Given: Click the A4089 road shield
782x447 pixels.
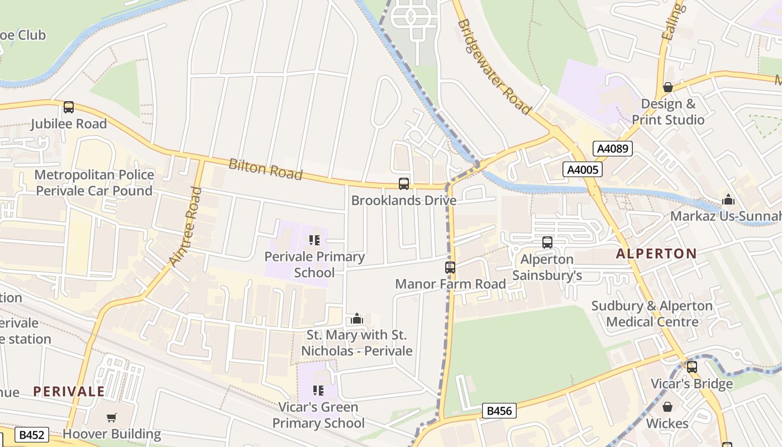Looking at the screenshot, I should tap(612, 149).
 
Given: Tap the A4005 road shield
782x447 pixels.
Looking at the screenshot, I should tap(583, 169).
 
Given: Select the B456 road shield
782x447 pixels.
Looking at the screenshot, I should tap(499, 411).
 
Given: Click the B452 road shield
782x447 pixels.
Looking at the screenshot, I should tap(32, 435).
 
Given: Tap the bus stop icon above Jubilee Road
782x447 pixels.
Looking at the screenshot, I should tap(69, 107).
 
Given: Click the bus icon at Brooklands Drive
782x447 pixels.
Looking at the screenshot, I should tap(403, 184).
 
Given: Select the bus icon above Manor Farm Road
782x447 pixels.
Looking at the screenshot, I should tap(450, 268).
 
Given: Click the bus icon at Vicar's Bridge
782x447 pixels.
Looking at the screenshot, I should tap(692, 367).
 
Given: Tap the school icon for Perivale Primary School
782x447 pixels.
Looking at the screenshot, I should tap(314, 240).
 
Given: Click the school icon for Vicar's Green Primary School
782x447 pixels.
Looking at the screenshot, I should tap(318, 391).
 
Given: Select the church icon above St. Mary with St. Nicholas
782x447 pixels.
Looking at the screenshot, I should tap(356, 319).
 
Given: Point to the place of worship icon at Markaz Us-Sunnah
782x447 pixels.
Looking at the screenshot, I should tap(728, 199).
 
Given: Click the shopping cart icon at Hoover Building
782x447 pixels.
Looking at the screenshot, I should tap(112, 417).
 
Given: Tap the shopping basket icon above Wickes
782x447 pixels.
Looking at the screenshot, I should tap(667, 407).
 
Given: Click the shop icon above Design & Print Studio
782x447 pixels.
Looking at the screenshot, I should tap(667, 87).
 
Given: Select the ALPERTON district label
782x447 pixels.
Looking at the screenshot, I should tap(656, 254).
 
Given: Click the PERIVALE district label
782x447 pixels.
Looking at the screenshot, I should tap(69, 391).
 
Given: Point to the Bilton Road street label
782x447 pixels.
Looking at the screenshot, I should tap(265, 169).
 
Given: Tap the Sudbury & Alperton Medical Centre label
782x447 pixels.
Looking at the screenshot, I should tap(652, 314).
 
